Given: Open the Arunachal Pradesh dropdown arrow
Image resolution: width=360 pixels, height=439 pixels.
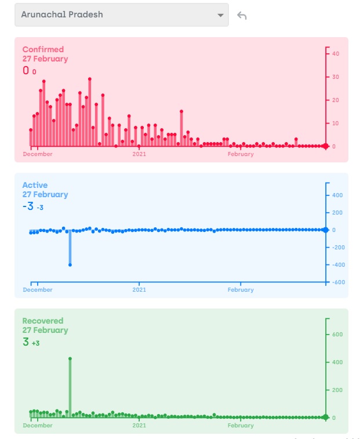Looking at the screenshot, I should [220, 15].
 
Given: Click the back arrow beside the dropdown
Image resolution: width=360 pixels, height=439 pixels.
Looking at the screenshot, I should [242, 16].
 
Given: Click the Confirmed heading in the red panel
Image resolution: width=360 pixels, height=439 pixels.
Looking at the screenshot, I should [43, 49].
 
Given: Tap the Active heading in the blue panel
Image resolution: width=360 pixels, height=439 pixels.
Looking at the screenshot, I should [34, 185].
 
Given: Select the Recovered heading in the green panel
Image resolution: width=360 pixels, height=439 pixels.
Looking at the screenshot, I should [43, 321].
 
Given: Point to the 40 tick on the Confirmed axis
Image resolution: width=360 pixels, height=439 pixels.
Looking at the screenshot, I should [336, 53].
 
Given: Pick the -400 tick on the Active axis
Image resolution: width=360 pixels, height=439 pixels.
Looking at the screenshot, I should [338, 264].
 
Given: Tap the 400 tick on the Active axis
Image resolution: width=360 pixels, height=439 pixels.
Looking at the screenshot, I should [337, 195].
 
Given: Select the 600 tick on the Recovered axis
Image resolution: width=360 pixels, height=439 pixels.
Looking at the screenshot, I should [337, 334].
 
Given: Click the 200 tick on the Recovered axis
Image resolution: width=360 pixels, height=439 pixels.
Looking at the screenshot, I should [337, 390].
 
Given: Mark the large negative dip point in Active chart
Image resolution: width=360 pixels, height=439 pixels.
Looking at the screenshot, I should [70, 264].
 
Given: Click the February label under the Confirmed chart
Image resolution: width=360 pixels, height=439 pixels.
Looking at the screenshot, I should [241, 154].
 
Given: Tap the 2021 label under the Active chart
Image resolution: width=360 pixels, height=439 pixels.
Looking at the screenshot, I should [139, 290].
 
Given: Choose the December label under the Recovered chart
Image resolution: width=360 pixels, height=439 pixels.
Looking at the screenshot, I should [38, 426].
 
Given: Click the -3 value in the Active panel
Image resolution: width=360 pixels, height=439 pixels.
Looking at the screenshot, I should [28, 206].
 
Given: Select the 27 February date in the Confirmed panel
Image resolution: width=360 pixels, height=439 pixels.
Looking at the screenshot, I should [45, 59].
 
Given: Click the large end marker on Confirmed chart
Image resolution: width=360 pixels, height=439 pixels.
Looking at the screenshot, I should [326, 146].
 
